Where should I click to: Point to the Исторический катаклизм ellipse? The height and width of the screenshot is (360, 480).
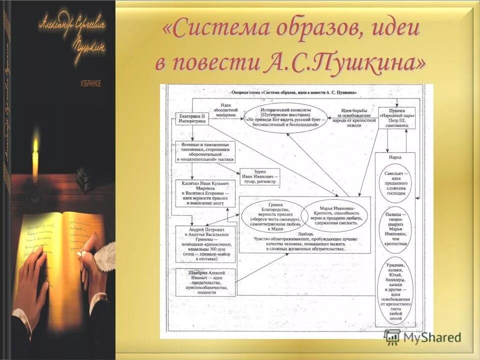pos(285,117)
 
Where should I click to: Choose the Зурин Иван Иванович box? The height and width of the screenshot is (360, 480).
pos(259,175)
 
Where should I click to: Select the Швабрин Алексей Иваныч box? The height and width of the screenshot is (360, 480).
pos(205,282)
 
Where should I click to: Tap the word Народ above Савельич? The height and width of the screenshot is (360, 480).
pos(395,157)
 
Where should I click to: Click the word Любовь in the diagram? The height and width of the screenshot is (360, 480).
pos(304,233)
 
